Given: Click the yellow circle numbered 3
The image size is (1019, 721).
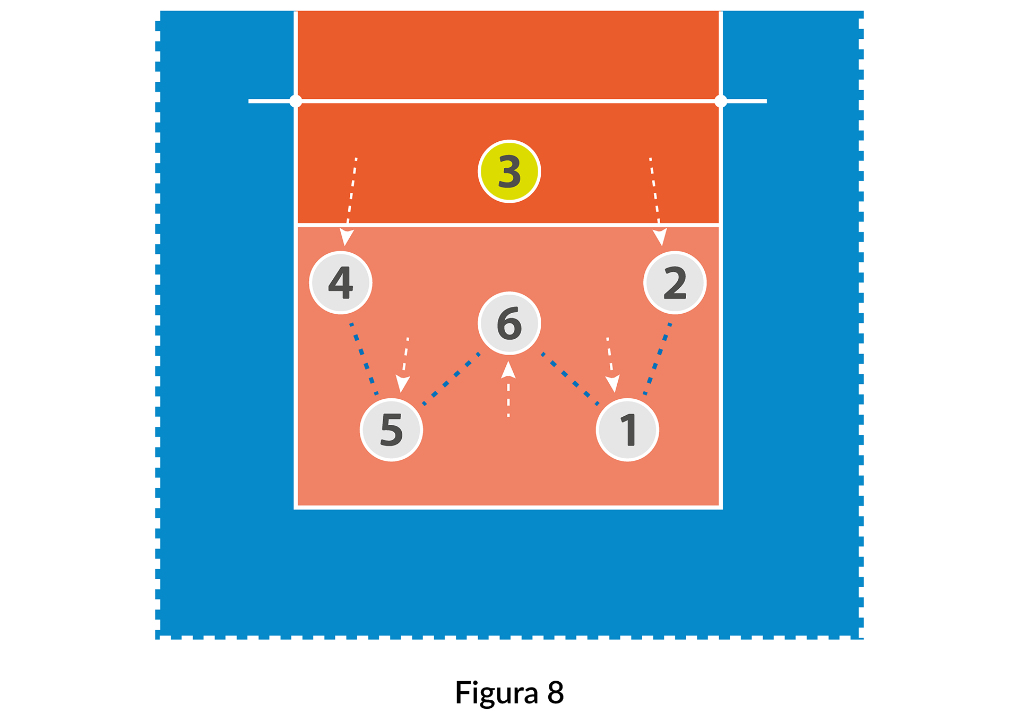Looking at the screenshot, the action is (x=509, y=171).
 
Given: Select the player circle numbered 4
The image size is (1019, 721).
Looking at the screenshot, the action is (x=341, y=282).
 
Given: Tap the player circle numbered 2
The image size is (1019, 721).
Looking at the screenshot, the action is (x=675, y=282).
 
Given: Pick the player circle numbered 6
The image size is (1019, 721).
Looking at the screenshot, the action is (x=509, y=323).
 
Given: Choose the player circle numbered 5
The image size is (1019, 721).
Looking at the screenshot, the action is (x=391, y=430).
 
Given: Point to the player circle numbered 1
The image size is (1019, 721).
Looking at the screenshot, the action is (x=627, y=430).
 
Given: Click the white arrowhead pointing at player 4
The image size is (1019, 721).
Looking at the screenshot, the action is (x=346, y=237).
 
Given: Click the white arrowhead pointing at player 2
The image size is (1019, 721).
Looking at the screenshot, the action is (x=661, y=237).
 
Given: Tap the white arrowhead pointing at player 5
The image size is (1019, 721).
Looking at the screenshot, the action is (x=403, y=384).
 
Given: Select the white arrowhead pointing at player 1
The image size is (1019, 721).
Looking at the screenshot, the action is (x=614, y=384).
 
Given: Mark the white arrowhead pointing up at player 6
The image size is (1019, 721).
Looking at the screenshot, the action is (x=508, y=370).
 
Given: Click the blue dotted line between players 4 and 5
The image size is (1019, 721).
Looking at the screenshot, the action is (x=364, y=359).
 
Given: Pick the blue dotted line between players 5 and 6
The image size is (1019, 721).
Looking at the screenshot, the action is (x=451, y=379).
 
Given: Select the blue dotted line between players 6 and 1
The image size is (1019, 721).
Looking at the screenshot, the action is (x=569, y=379).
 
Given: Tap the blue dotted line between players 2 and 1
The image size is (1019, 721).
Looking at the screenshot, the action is (x=657, y=359).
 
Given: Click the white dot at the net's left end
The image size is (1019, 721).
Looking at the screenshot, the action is (x=296, y=101).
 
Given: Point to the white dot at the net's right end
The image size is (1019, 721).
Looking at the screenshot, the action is (x=720, y=101).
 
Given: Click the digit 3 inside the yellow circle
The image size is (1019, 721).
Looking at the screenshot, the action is (x=509, y=172).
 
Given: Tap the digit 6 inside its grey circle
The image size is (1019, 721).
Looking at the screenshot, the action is (x=509, y=323).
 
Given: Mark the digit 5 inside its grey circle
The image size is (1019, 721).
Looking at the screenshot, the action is (x=391, y=430).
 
